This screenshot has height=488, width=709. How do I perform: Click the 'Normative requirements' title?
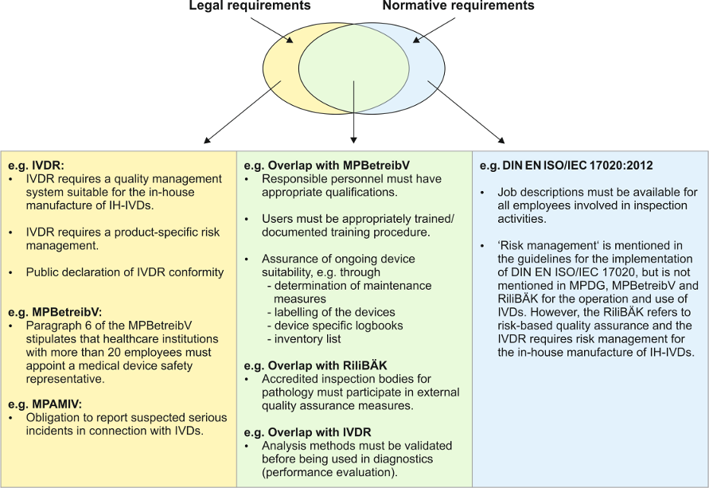[x=458, y=6]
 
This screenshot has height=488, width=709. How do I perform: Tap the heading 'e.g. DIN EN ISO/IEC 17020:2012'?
[x=567, y=166]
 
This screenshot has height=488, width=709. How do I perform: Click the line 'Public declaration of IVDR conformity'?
[x=125, y=272]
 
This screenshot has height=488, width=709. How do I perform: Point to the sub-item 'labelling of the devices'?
[x=336, y=311]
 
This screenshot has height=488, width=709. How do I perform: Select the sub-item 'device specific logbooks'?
[x=341, y=325]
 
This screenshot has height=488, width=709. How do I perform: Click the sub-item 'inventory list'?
[x=310, y=338]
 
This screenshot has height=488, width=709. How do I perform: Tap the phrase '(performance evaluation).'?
[x=329, y=472]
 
